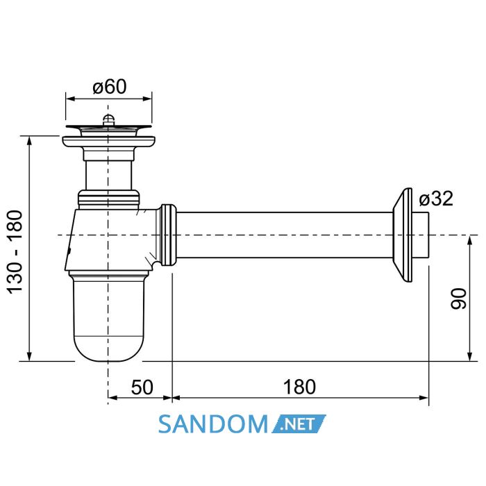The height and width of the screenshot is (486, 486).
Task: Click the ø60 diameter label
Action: [110, 87]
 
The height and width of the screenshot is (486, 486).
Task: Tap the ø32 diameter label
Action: [436, 199]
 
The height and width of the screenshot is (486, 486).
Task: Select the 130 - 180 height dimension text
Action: [15, 252]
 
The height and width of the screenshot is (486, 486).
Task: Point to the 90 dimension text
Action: [458, 299]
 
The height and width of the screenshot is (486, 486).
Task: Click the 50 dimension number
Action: [142, 387]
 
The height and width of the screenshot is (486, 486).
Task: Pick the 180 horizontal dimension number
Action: [299, 387]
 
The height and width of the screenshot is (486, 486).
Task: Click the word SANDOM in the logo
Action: [213, 424]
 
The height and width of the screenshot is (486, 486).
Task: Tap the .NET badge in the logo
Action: [299, 424]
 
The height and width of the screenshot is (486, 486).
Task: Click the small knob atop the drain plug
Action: [108, 119]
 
